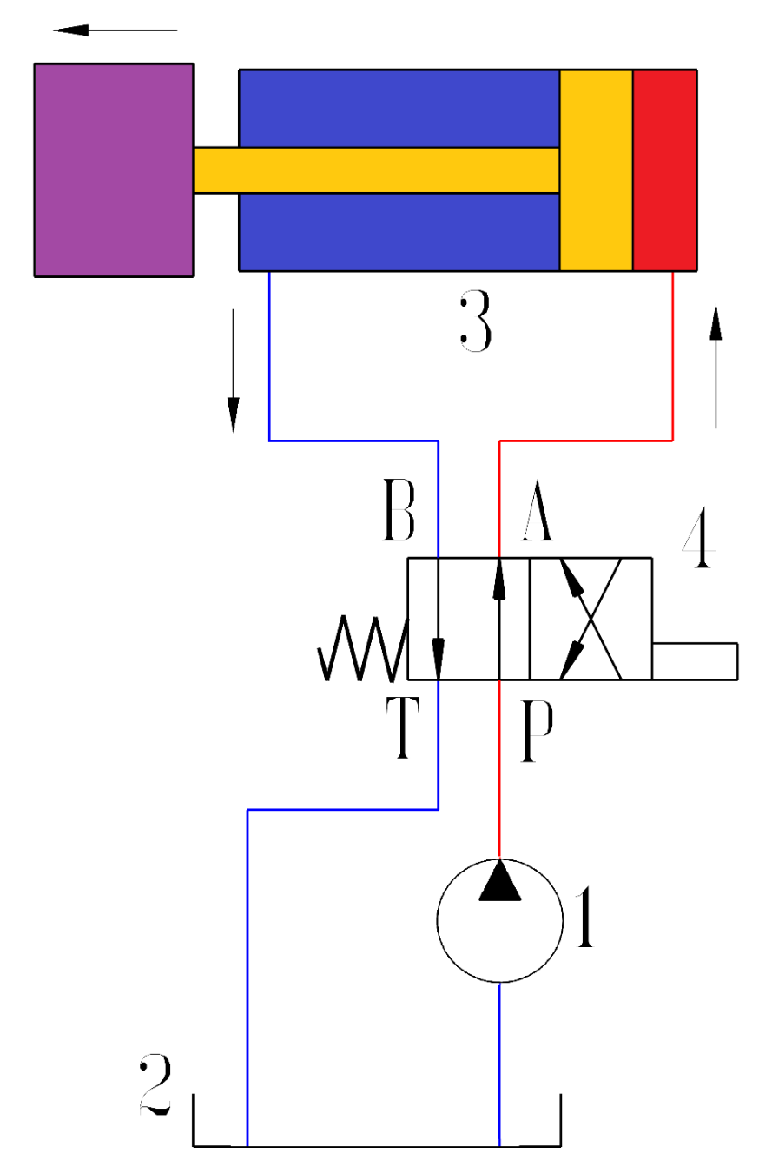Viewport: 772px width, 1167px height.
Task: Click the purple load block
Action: tap(113, 169)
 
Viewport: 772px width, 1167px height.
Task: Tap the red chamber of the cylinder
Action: tap(665, 169)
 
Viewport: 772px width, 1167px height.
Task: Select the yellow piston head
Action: tap(596, 169)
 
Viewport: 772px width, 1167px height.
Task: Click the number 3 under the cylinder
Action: tap(475, 322)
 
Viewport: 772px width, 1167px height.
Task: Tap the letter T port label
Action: tap(401, 731)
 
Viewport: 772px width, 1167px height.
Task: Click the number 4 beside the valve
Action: tap(697, 544)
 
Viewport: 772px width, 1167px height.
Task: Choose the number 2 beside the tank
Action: tap(155, 1086)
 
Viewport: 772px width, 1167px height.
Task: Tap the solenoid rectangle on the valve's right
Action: tap(695, 660)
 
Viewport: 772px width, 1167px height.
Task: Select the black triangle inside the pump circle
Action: tap(500, 881)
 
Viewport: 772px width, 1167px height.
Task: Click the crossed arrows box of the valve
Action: tap(591, 619)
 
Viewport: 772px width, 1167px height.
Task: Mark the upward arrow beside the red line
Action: tap(716, 365)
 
